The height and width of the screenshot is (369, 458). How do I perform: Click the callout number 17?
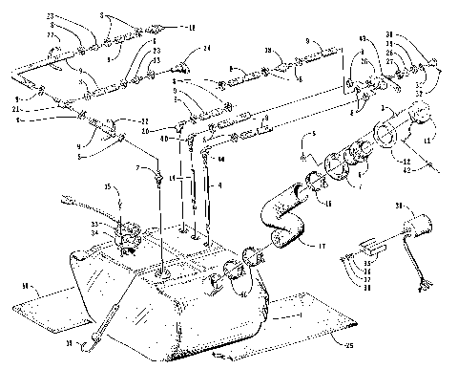click(322, 246)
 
